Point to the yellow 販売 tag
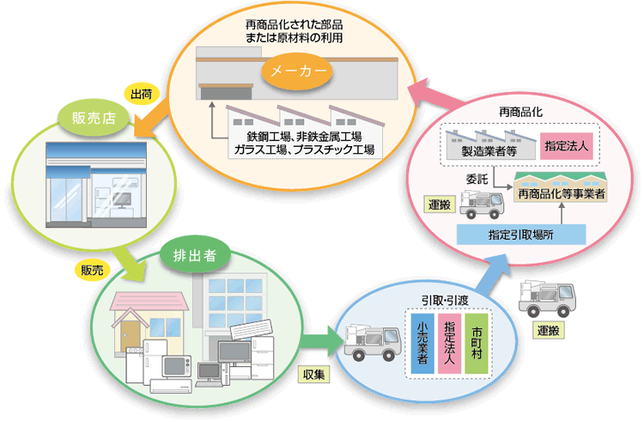92,270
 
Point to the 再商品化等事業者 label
561,194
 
